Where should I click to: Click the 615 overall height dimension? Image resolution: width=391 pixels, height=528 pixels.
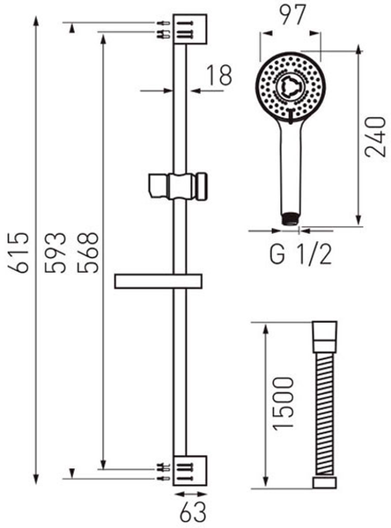click(18, 252)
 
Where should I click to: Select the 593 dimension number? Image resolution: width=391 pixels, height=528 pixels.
click(55, 252)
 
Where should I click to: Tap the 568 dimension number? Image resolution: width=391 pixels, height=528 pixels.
click(87, 252)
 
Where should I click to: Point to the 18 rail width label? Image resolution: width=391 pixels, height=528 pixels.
click(219, 75)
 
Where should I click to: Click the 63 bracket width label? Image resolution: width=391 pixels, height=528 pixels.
click(193, 512)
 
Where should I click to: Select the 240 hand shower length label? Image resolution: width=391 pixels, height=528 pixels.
click(375, 136)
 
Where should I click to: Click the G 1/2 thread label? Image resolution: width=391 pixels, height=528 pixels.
click(300, 254)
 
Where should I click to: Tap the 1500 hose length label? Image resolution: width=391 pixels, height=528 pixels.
click(284, 403)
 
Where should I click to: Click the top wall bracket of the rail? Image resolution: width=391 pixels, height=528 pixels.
click(189, 29)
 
